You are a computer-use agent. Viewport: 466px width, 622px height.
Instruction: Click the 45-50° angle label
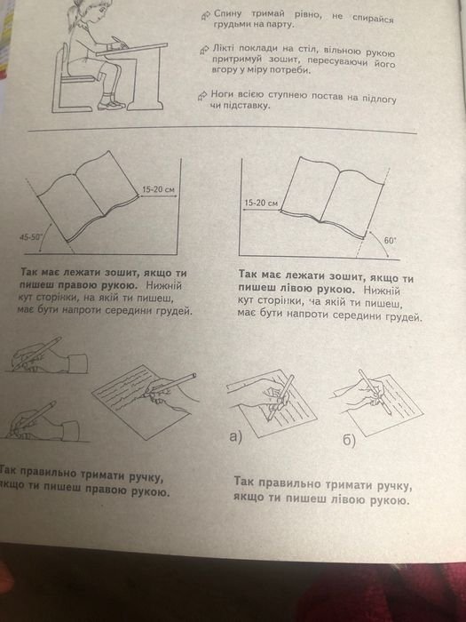(30, 237)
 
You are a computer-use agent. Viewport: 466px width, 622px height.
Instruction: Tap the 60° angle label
(390, 240)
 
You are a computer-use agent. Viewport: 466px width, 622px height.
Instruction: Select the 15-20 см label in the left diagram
(159, 189)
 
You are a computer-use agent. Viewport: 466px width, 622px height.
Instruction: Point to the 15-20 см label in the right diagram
(261, 203)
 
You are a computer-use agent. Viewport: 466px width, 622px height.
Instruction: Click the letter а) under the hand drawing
(236, 436)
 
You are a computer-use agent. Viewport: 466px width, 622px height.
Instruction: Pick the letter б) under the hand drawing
(349, 441)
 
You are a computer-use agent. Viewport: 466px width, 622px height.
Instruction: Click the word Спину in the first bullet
(227, 14)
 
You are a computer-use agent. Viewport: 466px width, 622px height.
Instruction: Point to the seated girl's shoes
(111, 104)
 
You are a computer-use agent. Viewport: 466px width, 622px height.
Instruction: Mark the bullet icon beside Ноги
(203, 95)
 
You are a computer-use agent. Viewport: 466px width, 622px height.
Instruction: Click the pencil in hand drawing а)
(281, 397)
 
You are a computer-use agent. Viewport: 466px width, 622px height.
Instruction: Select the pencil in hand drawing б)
(375, 392)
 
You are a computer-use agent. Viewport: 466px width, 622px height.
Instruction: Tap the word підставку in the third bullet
(244, 107)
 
